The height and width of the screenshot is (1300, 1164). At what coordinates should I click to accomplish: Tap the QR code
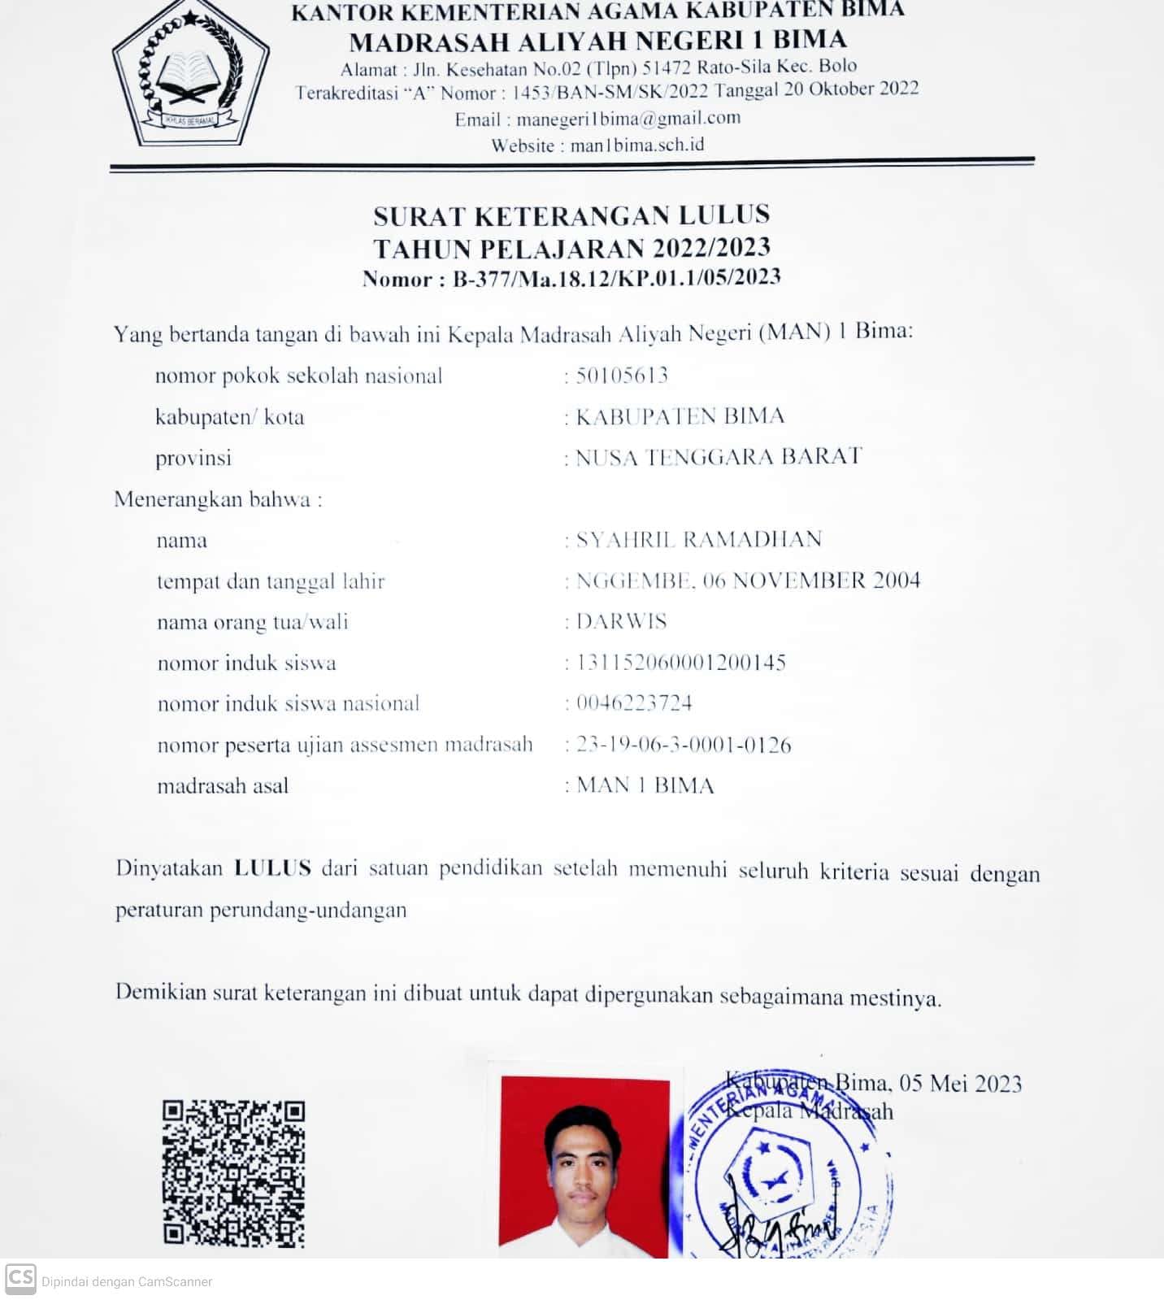pyautogui.click(x=233, y=1172)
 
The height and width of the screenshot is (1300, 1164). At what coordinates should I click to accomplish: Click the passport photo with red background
pyautogui.click(x=585, y=1167)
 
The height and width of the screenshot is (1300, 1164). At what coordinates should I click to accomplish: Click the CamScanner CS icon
pyautogui.click(x=20, y=1279)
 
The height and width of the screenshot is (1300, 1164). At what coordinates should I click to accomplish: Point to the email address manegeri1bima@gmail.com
pyautogui.click(x=628, y=119)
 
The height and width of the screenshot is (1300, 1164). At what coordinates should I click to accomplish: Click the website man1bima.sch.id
pyautogui.click(x=637, y=146)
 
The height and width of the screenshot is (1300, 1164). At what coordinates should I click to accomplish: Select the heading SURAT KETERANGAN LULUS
pyautogui.click(x=571, y=215)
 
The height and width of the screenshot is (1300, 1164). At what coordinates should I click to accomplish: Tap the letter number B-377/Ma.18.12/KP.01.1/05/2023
pyautogui.click(x=616, y=278)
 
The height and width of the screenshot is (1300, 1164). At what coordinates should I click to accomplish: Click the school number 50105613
pyautogui.click(x=622, y=375)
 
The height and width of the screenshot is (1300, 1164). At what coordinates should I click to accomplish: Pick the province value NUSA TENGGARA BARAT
pyautogui.click(x=719, y=457)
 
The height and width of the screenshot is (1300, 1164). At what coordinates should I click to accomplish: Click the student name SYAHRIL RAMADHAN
pyautogui.click(x=699, y=539)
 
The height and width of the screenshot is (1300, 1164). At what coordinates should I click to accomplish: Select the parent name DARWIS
pyautogui.click(x=621, y=621)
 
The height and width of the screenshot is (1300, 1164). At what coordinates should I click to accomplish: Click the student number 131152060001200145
pyautogui.click(x=681, y=663)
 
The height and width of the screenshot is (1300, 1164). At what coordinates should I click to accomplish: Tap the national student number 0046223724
pyautogui.click(x=634, y=703)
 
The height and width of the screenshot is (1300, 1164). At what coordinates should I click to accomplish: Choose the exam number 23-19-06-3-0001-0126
pyautogui.click(x=684, y=745)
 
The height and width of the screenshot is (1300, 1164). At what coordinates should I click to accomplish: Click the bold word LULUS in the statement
pyautogui.click(x=272, y=867)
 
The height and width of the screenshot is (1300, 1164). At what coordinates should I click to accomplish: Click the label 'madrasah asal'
pyautogui.click(x=223, y=786)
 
